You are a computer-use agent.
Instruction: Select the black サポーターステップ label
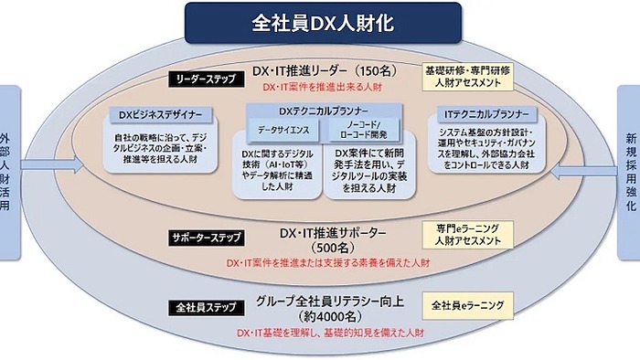click(x=207, y=238)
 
